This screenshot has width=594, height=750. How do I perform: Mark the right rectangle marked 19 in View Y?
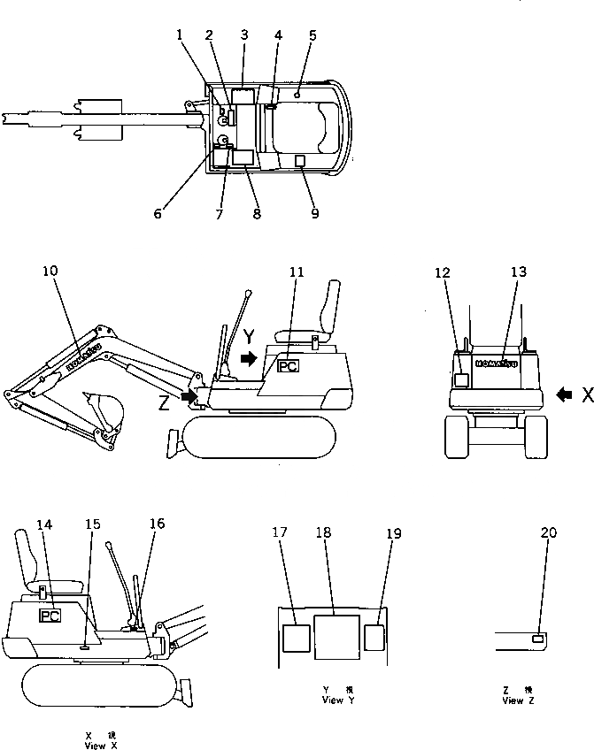374,637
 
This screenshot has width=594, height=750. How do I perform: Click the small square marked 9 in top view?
300,160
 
